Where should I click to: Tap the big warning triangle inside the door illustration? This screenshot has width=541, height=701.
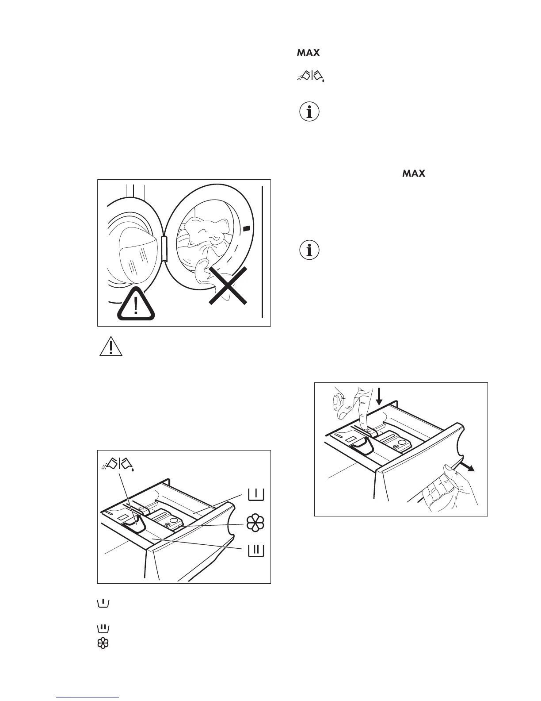pos(136,305)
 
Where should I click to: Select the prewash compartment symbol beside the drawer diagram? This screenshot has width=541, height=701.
pos(256,495)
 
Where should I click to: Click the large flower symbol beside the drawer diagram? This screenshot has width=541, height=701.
pos(255,523)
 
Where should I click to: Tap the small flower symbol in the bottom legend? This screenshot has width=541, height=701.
pos(103,643)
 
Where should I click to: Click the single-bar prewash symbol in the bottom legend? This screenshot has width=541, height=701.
pos(103,603)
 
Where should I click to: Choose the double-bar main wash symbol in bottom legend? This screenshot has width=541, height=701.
pos(103,628)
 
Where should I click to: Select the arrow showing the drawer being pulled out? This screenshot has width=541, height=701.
pos(467,468)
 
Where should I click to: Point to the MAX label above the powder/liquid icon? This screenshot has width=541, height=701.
pos(308,53)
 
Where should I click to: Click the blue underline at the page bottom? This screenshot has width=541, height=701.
pos(88,697)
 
